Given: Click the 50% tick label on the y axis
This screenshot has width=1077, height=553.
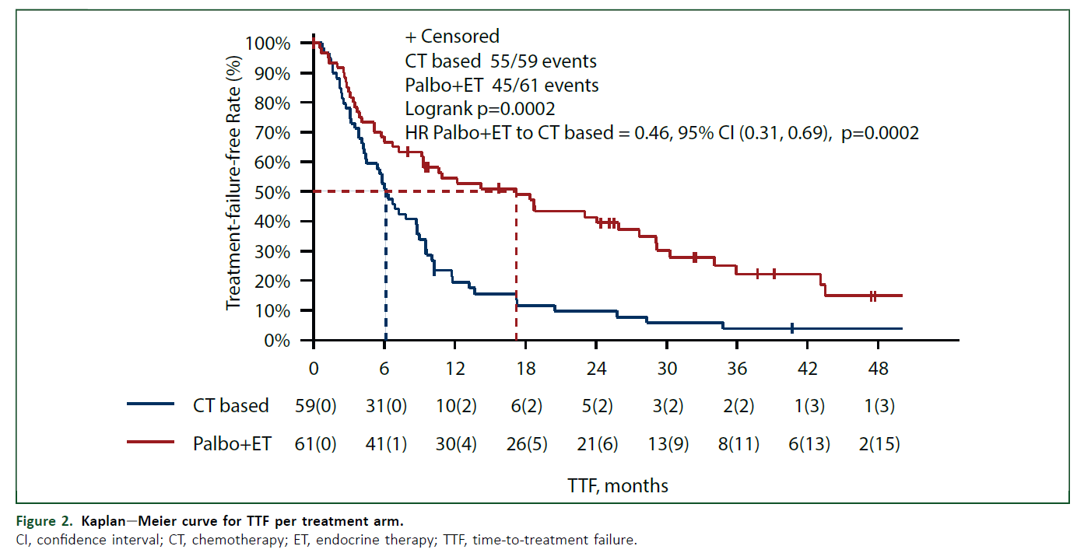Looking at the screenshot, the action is (272, 192).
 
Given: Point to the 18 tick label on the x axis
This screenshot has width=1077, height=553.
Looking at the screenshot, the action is (525, 369).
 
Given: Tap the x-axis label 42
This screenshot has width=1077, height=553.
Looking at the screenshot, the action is (807, 369).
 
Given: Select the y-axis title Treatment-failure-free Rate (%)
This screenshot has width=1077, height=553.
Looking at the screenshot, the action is (233, 183).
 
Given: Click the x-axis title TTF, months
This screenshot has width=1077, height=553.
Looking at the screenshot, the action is (618, 486).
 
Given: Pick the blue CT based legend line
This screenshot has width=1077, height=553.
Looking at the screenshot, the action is (150, 404).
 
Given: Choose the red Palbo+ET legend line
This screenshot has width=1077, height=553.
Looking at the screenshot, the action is (150, 442).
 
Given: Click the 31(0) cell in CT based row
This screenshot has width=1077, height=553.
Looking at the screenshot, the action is (386, 406).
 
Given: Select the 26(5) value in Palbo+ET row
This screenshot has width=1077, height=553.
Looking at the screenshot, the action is (527, 443).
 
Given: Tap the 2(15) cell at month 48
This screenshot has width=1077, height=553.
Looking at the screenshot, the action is (879, 443).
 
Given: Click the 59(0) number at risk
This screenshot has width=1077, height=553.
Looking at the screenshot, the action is (315, 406).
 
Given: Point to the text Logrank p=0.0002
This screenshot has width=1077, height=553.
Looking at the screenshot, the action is (480, 109).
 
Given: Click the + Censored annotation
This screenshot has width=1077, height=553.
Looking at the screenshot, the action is (452, 37).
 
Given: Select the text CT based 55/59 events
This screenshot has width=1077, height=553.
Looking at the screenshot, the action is (500, 61).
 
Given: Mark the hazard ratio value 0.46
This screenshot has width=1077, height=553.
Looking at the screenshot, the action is (652, 133).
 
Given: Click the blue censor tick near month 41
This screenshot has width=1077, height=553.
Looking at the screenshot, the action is (792, 329).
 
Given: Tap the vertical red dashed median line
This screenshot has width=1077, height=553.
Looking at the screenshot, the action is (516, 266).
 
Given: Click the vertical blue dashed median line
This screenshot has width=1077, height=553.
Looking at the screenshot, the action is (386, 266).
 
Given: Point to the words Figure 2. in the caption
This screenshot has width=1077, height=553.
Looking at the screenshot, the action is (44, 521).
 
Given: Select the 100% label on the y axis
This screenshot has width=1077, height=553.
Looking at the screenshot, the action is (268, 44).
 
